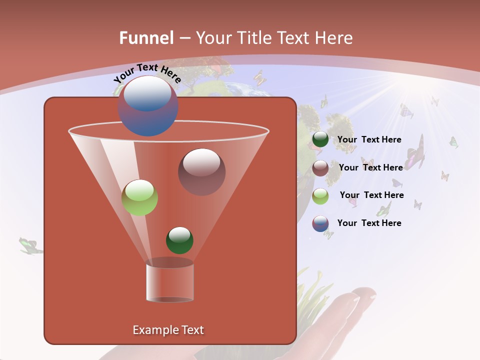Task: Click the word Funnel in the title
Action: point(146,38)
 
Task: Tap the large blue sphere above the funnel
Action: point(148,105)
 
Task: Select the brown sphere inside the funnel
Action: point(202,172)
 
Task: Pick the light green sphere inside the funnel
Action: point(140,197)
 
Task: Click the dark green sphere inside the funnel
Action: point(179,240)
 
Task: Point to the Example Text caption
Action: point(168,330)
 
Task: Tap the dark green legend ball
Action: point(320,139)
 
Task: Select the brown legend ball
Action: point(320,167)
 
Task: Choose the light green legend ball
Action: point(320,195)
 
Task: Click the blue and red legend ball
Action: point(320,223)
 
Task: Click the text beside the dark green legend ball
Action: point(369,139)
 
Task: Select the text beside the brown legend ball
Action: point(370,167)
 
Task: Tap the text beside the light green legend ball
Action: point(371,195)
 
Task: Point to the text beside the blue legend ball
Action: point(369,223)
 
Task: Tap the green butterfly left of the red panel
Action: point(30,245)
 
